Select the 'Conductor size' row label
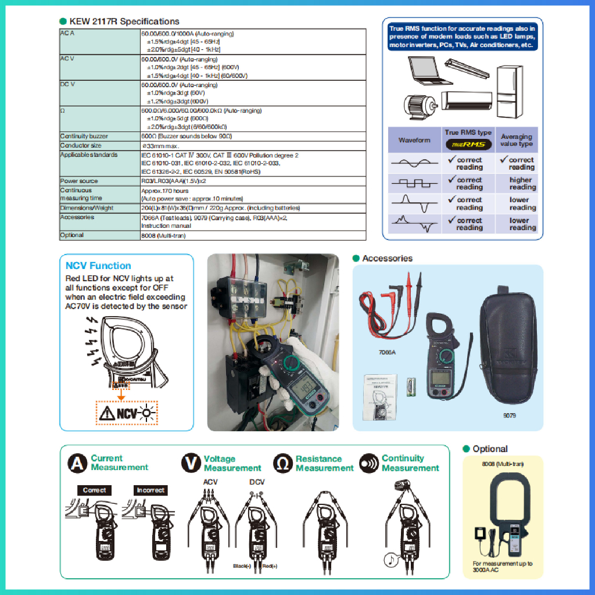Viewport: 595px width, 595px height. point(81,145)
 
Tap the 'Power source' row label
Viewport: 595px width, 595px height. point(79,181)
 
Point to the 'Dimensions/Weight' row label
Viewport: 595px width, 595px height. point(87,207)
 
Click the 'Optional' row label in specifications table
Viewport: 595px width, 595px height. point(72,235)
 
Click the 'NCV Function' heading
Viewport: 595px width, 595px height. point(98,266)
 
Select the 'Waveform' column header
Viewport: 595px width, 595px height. point(414,140)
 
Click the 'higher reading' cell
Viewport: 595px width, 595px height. point(522,184)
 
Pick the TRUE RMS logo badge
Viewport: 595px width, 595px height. point(468,144)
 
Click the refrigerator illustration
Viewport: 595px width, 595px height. point(514,90)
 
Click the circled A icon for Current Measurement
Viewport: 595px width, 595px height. point(77,463)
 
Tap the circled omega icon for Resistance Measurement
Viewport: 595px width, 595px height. point(282,463)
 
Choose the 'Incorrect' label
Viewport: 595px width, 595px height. point(150,490)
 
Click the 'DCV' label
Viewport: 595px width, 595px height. point(257,482)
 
